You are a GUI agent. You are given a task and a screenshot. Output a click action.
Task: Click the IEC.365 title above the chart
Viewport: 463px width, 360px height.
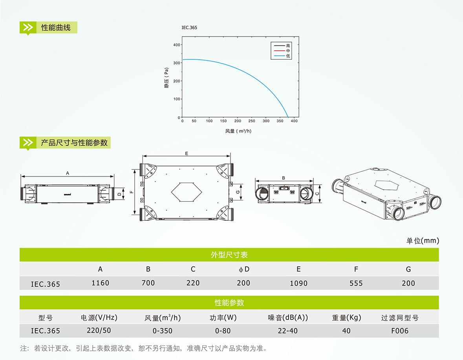(x=189, y=28)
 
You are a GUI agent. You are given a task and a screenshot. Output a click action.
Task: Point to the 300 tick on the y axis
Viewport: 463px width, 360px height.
(x=177, y=63)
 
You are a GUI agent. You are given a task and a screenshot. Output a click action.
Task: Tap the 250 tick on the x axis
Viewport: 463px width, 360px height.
(x=252, y=121)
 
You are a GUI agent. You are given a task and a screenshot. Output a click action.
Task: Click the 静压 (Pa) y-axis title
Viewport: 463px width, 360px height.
(x=167, y=78)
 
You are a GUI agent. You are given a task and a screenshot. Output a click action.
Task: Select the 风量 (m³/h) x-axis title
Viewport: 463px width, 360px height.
(x=238, y=131)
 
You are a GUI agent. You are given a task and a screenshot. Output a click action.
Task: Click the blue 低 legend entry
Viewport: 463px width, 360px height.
(x=282, y=56)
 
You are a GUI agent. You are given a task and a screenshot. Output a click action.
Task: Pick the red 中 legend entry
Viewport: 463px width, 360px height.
(x=282, y=51)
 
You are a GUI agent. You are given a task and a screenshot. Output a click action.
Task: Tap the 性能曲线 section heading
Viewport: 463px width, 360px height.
(x=56, y=28)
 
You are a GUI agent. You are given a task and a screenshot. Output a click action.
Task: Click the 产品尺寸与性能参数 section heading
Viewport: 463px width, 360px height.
(x=74, y=143)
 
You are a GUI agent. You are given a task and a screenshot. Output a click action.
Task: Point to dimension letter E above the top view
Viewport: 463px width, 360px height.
(x=187, y=153)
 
